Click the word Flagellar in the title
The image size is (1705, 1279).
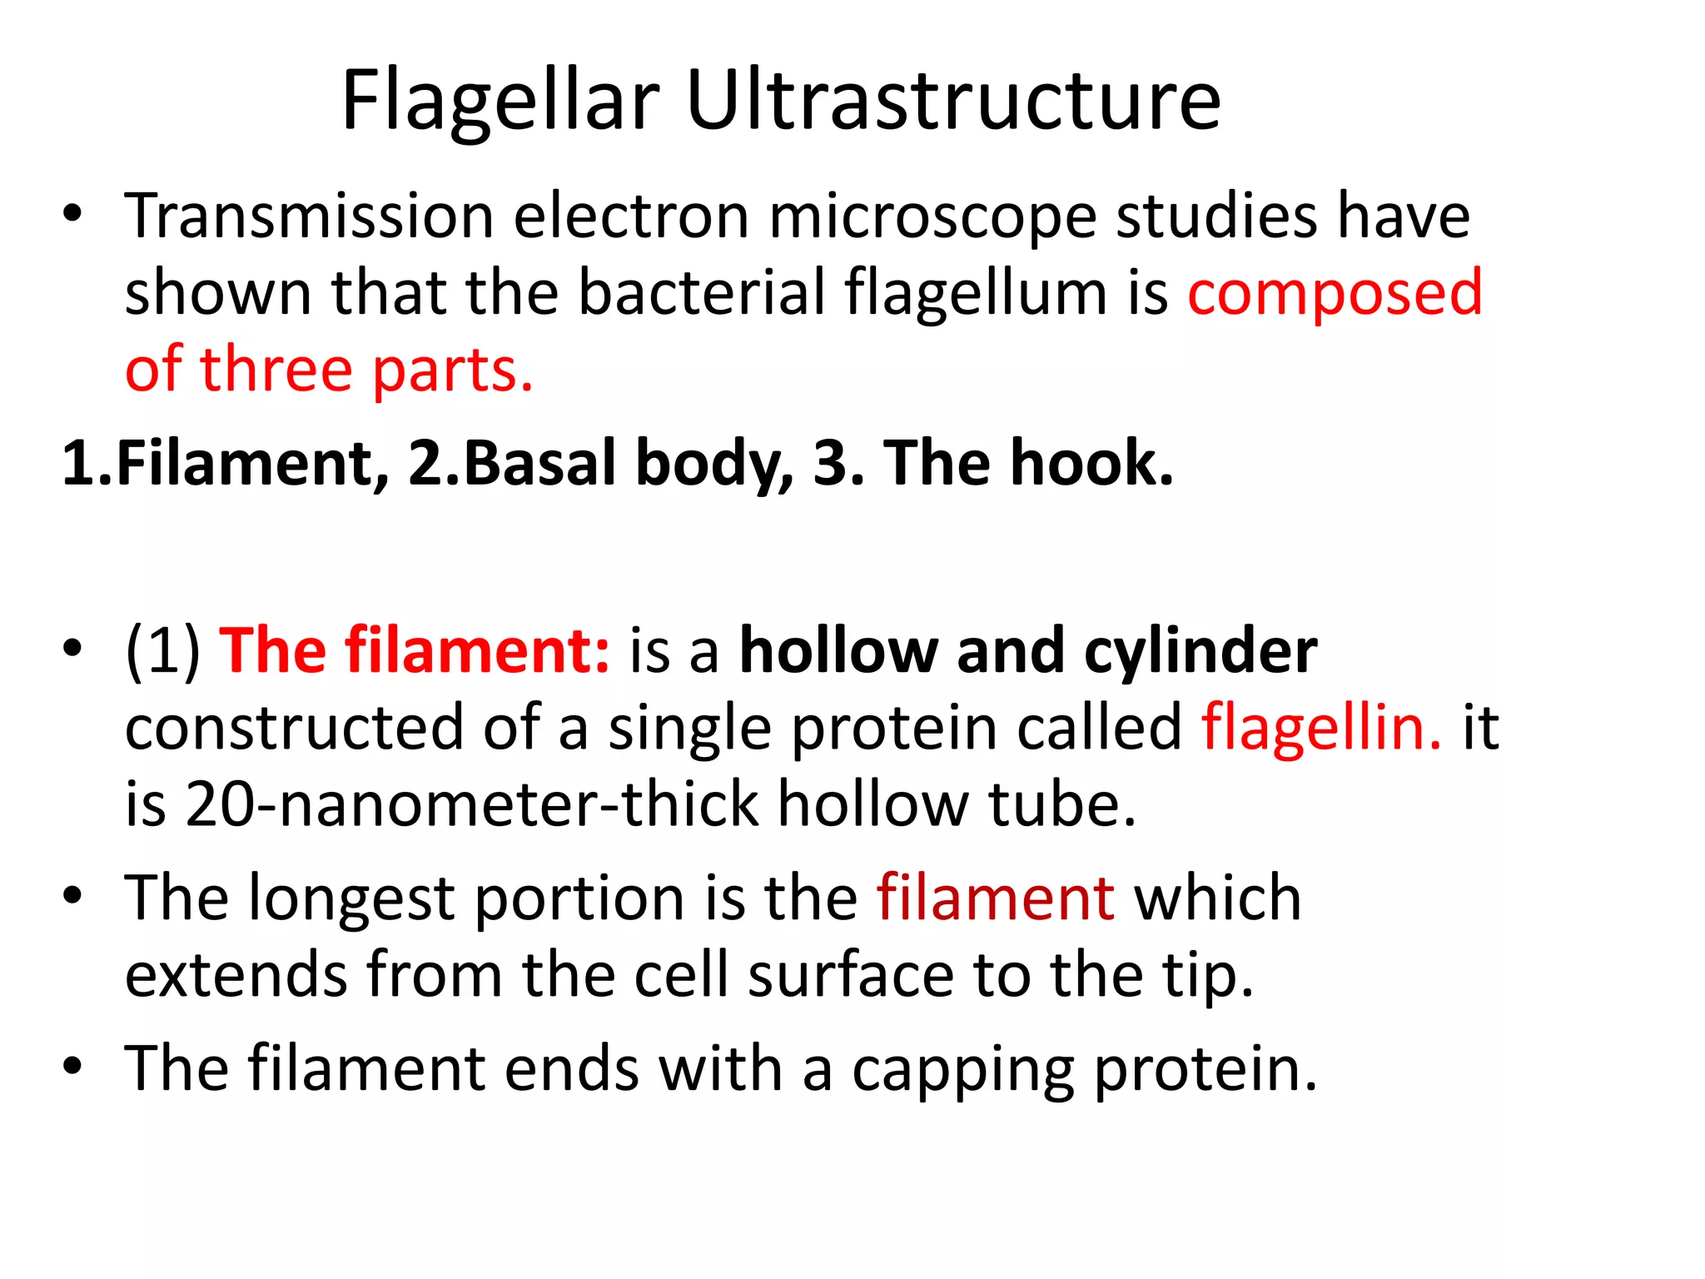coord(500,102)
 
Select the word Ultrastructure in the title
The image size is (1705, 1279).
coord(953,102)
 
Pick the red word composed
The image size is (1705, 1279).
coord(1335,295)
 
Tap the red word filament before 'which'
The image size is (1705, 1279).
coord(995,898)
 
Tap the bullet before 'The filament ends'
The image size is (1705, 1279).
coord(73,1067)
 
